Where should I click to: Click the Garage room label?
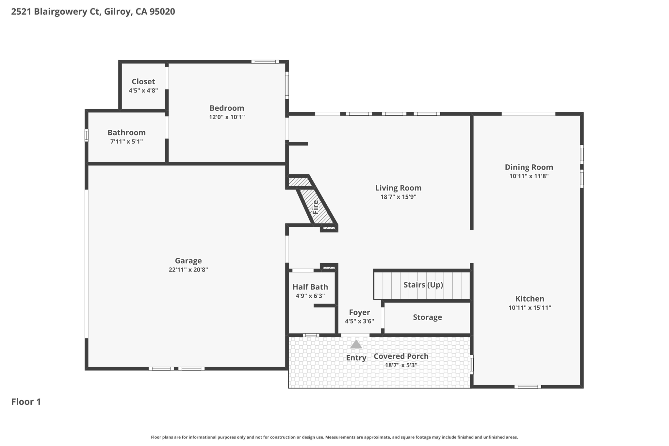(x=188, y=261)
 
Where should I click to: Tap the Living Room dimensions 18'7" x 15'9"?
(x=398, y=197)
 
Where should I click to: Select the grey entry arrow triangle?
(x=356, y=344)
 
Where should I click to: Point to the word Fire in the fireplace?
(x=316, y=207)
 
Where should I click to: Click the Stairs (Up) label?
(x=423, y=285)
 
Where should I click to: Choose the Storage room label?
(x=427, y=317)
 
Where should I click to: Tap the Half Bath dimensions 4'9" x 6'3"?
(x=310, y=296)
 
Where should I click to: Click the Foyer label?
(x=359, y=312)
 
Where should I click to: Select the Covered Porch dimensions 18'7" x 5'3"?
(x=401, y=365)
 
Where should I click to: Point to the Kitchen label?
(x=530, y=299)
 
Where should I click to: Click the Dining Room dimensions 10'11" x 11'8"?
(x=529, y=176)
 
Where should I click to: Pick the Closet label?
(x=143, y=82)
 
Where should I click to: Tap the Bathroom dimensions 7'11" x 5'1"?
(x=126, y=141)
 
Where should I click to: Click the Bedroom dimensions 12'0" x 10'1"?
(x=227, y=117)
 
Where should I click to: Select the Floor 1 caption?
(x=26, y=402)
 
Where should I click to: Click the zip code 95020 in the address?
(x=162, y=12)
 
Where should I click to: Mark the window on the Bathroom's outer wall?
(x=87, y=135)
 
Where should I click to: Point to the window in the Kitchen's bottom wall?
(x=528, y=387)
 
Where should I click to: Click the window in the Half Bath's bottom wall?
(x=311, y=335)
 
